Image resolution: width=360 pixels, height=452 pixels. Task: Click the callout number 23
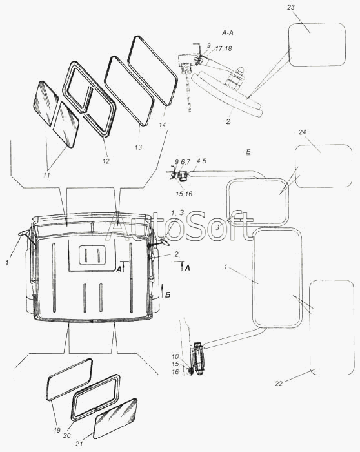pyautogui.click(x=291, y=7)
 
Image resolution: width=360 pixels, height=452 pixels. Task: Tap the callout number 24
pyautogui.click(x=303, y=132)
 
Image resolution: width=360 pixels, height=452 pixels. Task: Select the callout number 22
pyautogui.click(x=279, y=384)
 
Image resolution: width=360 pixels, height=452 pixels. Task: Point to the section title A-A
pyautogui.click(x=228, y=33)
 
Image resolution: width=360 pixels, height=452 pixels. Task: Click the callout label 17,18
pyautogui.click(x=223, y=48)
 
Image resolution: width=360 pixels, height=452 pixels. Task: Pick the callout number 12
pyautogui.click(x=106, y=161)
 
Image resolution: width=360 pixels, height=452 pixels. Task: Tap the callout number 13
pyautogui.click(x=138, y=147)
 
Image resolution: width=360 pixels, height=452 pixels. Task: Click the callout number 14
pyautogui.click(x=163, y=125)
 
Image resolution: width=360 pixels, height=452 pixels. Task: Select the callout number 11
pyautogui.click(x=46, y=175)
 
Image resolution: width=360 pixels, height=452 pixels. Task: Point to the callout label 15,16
pyautogui.click(x=184, y=194)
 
